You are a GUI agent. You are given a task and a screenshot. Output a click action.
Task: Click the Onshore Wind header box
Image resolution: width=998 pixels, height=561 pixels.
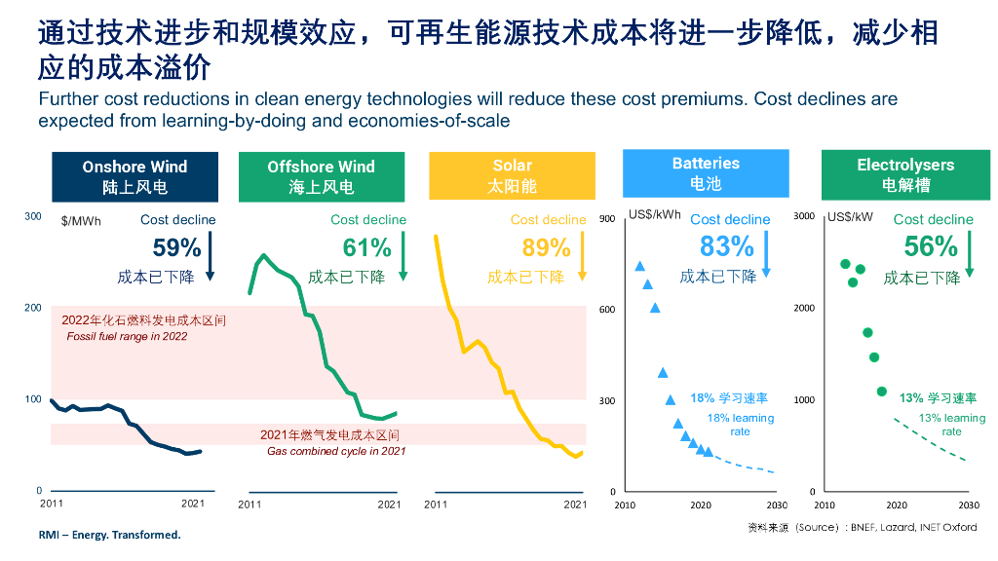(134, 176)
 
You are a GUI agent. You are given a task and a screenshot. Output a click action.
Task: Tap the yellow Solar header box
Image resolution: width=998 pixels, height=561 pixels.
(512, 176)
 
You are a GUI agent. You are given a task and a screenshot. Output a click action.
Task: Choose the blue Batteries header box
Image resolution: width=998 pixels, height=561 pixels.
(706, 173)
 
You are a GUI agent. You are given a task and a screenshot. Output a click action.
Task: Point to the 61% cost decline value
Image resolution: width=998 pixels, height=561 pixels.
(366, 247)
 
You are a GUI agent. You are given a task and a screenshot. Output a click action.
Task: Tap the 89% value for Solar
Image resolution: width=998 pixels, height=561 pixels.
(546, 247)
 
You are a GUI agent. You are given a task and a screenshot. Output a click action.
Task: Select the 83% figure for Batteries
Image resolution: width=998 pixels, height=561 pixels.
(726, 245)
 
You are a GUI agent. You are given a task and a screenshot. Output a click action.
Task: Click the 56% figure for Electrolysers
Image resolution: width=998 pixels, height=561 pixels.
(931, 245)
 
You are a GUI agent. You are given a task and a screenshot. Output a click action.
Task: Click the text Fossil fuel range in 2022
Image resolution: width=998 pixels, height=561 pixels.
(127, 336)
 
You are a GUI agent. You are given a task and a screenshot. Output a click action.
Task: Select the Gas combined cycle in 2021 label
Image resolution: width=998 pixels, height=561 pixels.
(336, 451)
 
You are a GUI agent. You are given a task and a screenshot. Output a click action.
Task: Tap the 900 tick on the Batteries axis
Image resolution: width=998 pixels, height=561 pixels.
(607, 218)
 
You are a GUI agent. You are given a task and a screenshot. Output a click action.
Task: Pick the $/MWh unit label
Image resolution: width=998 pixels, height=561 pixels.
(80, 221)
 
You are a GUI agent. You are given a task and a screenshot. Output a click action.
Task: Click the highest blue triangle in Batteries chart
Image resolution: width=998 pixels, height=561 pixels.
(640, 266)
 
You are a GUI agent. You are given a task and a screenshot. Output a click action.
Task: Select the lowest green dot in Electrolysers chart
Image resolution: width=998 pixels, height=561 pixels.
(882, 392)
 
